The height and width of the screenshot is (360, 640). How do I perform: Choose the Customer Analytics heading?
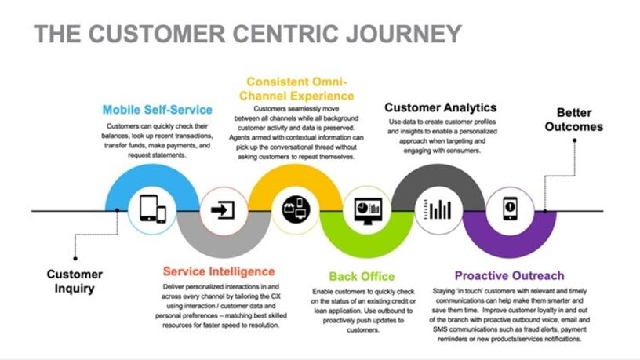(440, 107)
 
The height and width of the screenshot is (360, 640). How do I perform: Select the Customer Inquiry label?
(75, 281)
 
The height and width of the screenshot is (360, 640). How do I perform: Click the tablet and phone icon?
(152, 209)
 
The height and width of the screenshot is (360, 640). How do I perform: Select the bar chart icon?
(440, 209)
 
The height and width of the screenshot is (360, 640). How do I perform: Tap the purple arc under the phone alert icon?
(511, 246)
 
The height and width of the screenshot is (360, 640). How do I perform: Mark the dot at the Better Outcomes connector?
(575, 140)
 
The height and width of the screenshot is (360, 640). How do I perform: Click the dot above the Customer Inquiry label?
(75, 258)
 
